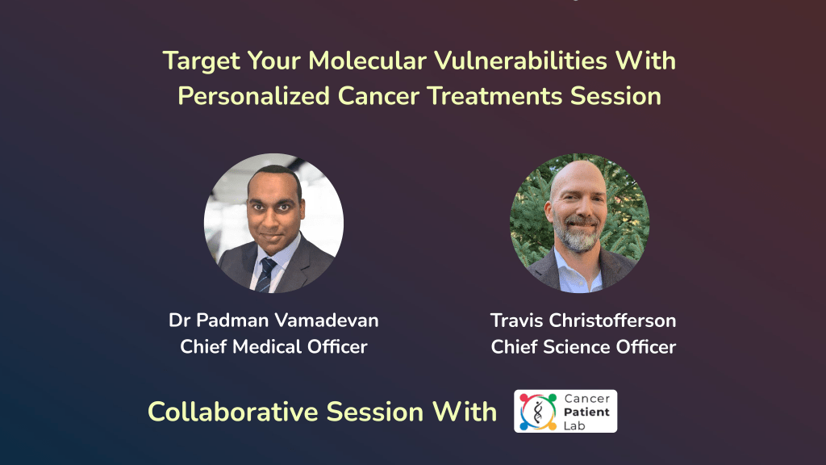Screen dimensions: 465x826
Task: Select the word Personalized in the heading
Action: coord(253,96)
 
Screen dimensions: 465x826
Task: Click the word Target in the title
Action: coord(198,61)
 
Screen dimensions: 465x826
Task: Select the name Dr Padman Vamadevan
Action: coord(273,320)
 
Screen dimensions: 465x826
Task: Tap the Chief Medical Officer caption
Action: coord(273,347)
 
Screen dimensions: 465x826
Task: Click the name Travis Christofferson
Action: coord(583,320)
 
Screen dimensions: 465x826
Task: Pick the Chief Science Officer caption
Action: coord(583,347)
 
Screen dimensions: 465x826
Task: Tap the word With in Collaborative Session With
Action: coord(462,412)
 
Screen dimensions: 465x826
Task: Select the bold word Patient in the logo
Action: coord(587,412)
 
